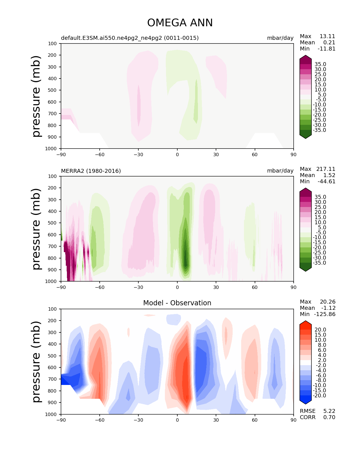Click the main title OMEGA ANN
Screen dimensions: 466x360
[180, 23]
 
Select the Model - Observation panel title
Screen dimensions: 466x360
[177, 303]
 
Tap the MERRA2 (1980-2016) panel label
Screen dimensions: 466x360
[91, 171]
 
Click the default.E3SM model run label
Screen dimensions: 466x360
[130, 38]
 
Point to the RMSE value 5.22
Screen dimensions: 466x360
[329, 411]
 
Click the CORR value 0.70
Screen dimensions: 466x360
[329, 417]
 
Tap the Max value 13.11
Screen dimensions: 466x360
[327, 36]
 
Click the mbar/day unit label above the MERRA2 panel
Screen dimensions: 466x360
[280, 171]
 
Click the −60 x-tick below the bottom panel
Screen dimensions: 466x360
[100, 420]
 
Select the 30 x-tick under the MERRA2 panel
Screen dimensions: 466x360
[216, 287]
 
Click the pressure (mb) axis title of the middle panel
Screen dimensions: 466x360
[36, 229]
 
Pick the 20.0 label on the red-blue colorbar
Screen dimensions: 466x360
[320, 330]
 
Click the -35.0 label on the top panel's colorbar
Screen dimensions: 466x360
[320, 130]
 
